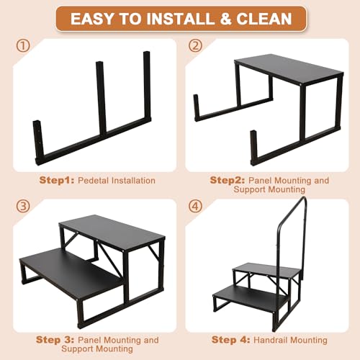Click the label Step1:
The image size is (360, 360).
pyautogui.click(x=56, y=179)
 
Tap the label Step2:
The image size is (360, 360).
pyautogui.click(x=228, y=179)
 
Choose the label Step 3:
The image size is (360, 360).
pyautogui.click(x=58, y=339)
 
